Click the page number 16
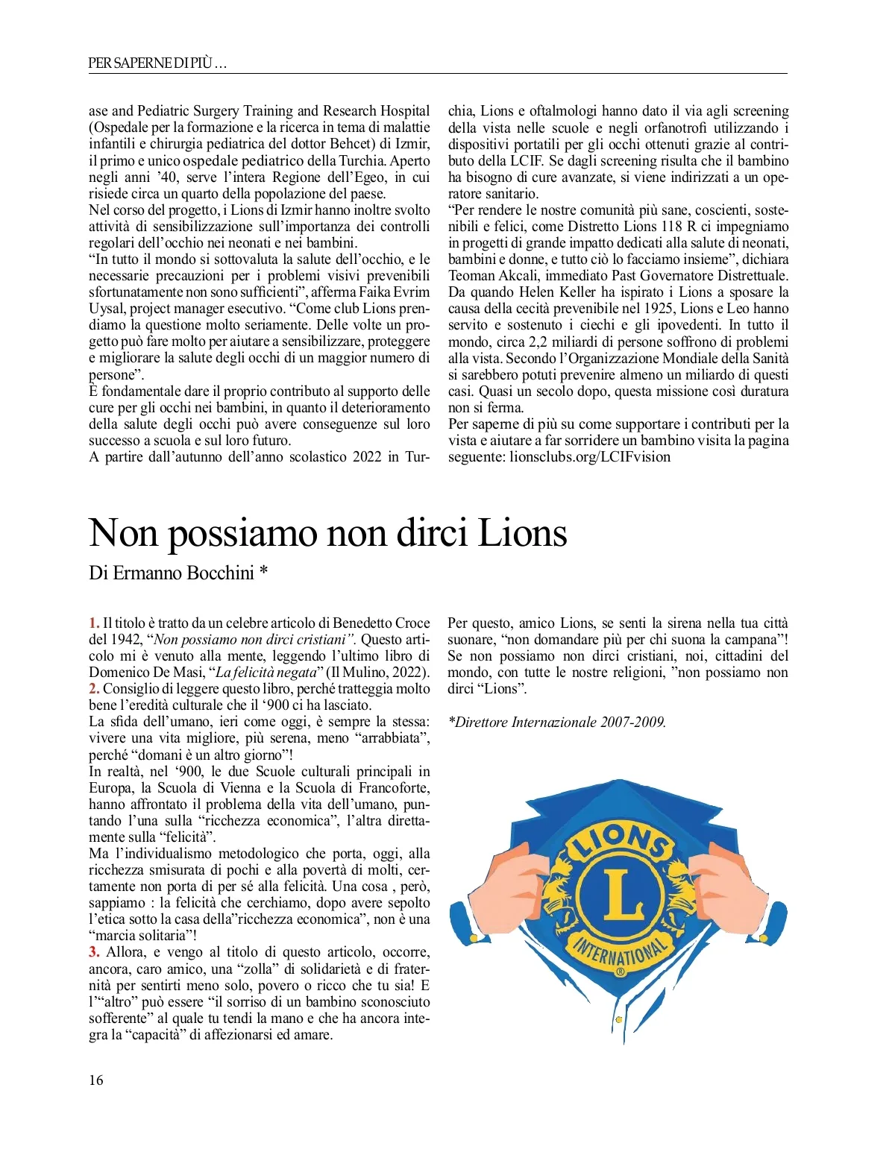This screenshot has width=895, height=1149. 96,1080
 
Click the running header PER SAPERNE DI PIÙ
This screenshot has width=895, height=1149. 157,63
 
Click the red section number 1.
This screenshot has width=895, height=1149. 93,623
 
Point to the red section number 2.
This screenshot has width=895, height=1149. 93,689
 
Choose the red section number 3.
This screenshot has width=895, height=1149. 94,952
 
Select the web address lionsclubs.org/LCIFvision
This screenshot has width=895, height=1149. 590,457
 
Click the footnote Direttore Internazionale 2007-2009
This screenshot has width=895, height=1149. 557,722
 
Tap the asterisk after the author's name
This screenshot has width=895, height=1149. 263,571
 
